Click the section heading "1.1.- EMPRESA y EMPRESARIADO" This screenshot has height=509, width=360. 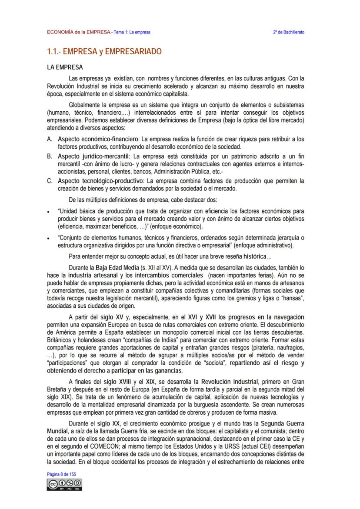pos(104,52)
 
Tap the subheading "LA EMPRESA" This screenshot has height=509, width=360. pos(65,68)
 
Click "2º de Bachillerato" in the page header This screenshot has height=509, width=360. pos(289,33)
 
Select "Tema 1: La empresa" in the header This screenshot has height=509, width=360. pos(132,33)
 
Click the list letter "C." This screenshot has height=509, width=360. pos(50,180)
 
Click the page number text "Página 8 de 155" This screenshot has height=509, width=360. pos(62,474)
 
